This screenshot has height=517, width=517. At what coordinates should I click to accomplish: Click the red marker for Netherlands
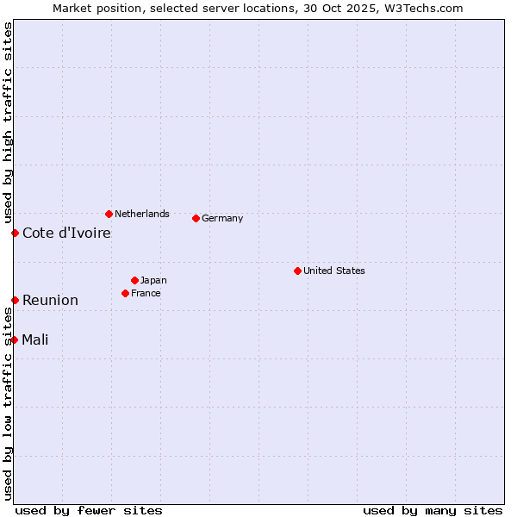(109, 214)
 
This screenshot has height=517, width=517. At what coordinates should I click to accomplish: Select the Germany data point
(196, 218)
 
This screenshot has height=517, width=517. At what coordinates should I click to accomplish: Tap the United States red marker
(297, 271)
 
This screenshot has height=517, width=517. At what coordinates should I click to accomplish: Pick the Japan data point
(135, 280)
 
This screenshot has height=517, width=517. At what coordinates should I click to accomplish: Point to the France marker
(126, 293)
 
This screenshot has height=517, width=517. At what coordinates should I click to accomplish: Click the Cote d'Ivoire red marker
(15, 233)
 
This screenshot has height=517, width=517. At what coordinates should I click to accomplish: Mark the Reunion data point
(15, 300)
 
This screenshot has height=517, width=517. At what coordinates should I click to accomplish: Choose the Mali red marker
(15, 339)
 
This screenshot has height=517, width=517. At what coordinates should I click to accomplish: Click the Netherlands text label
(142, 214)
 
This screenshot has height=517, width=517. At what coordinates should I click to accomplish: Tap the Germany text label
(222, 218)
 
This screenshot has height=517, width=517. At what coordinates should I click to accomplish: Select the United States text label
(334, 271)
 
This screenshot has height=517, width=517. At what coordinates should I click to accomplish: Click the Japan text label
(153, 280)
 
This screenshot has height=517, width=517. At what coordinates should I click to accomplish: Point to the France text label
(146, 293)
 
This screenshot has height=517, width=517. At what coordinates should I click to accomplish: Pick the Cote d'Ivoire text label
(66, 233)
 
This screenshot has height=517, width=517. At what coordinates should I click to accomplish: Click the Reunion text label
(50, 300)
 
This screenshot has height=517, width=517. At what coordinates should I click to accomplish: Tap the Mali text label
(35, 339)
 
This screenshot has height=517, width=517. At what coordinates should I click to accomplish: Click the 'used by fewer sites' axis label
(89, 510)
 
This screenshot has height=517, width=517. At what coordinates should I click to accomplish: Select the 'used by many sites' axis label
(433, 510)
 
